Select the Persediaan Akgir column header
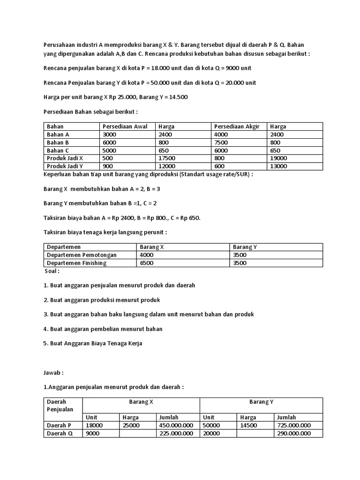(236, 127)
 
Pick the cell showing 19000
(278, 158)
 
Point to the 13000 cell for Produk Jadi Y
(278, 166)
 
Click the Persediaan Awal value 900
(107, 166)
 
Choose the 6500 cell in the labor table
(147, 263)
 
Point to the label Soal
(52, 271)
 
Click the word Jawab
(53, 373)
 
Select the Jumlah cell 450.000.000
(176, 425)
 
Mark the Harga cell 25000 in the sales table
(131, 425)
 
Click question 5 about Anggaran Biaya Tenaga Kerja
(92, 343)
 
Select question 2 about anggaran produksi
(102, 300)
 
